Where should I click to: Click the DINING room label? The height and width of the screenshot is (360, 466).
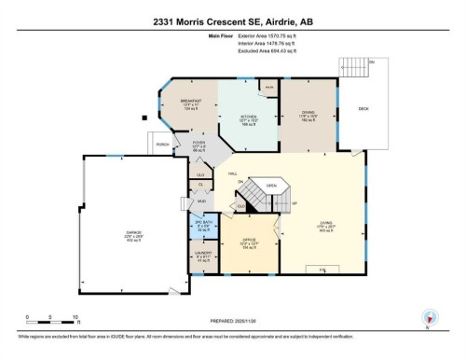[308, 115]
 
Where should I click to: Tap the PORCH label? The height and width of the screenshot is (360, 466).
[162, 144]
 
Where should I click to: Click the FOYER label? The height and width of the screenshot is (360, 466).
[199, 144]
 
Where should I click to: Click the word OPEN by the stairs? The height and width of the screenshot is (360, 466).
[272, 186]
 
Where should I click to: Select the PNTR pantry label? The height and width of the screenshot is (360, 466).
[268, 87]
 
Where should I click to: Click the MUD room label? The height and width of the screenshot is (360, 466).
[202, 201]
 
